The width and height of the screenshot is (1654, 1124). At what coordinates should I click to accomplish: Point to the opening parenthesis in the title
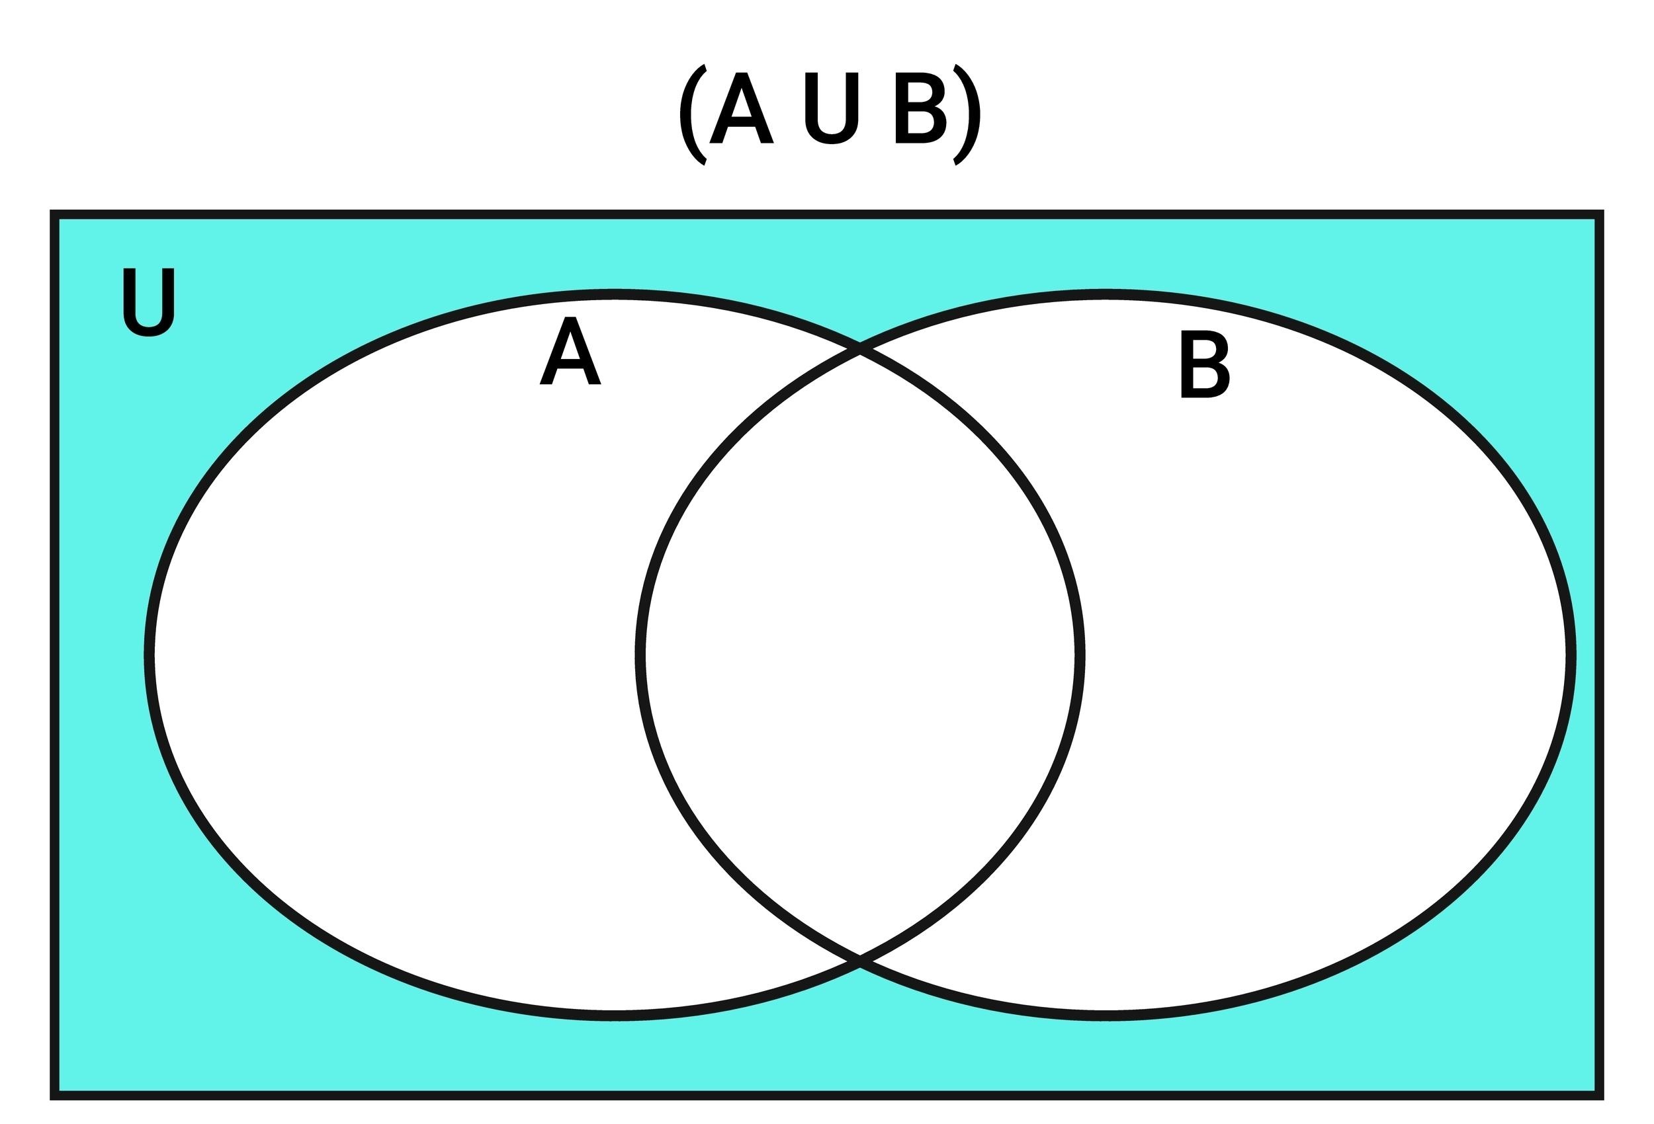point(693,114)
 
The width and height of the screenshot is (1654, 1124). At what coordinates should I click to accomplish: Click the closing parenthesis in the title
point(967,114)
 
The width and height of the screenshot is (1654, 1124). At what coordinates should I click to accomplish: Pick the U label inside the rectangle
point(149,302)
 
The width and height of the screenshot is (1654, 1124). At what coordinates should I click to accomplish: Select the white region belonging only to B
point(1324,655)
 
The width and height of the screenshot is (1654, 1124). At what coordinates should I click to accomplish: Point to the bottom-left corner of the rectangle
point(54,1096)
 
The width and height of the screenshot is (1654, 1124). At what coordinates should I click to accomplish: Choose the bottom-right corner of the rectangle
point(1600,1096)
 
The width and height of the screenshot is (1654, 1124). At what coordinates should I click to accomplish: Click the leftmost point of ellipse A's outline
point(149,655)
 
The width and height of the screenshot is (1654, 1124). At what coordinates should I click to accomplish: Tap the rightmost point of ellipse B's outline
point(1571,655)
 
